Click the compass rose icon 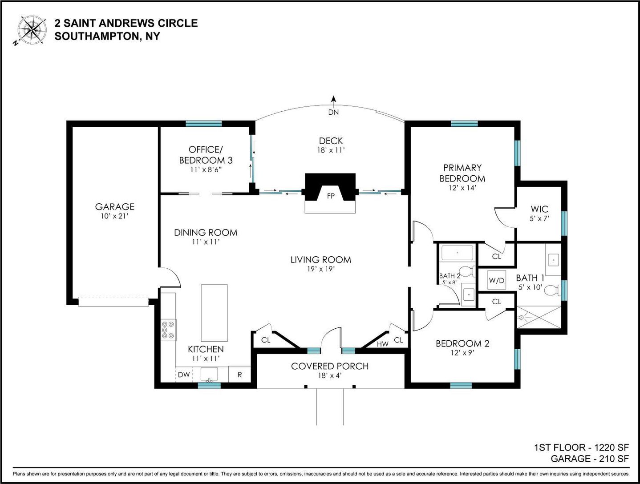click(32, 30)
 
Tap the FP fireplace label click(330, 196)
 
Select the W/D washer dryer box click(497, 280)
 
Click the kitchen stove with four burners click(169, 330)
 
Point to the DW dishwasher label click(184, 375)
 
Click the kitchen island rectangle click(215, 313)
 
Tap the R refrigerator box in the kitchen click(239, 374)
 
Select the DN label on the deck click(333, 112)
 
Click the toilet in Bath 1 click(552, 290)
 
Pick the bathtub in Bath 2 click(457, 253)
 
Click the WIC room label click(539, 209)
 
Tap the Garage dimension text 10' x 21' click(114, 216)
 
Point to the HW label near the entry click(383, 344)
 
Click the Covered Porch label click(330, 366)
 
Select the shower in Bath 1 click(539, 317)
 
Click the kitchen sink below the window click(209, 374)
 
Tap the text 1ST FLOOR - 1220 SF click(581, 447)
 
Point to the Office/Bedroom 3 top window click(204, 124)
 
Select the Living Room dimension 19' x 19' click(321, 269)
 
